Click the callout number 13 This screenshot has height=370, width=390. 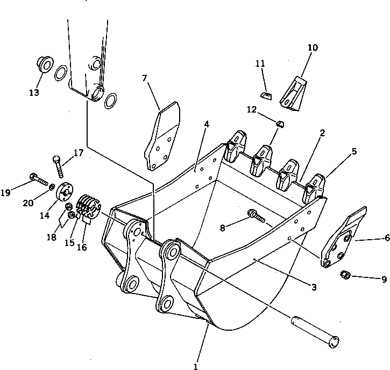34,92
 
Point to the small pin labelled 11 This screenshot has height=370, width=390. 265,95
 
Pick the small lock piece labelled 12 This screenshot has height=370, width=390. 279,124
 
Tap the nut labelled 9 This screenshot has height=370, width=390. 346,276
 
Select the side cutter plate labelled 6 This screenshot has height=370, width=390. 343,237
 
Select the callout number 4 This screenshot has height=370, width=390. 207,124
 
